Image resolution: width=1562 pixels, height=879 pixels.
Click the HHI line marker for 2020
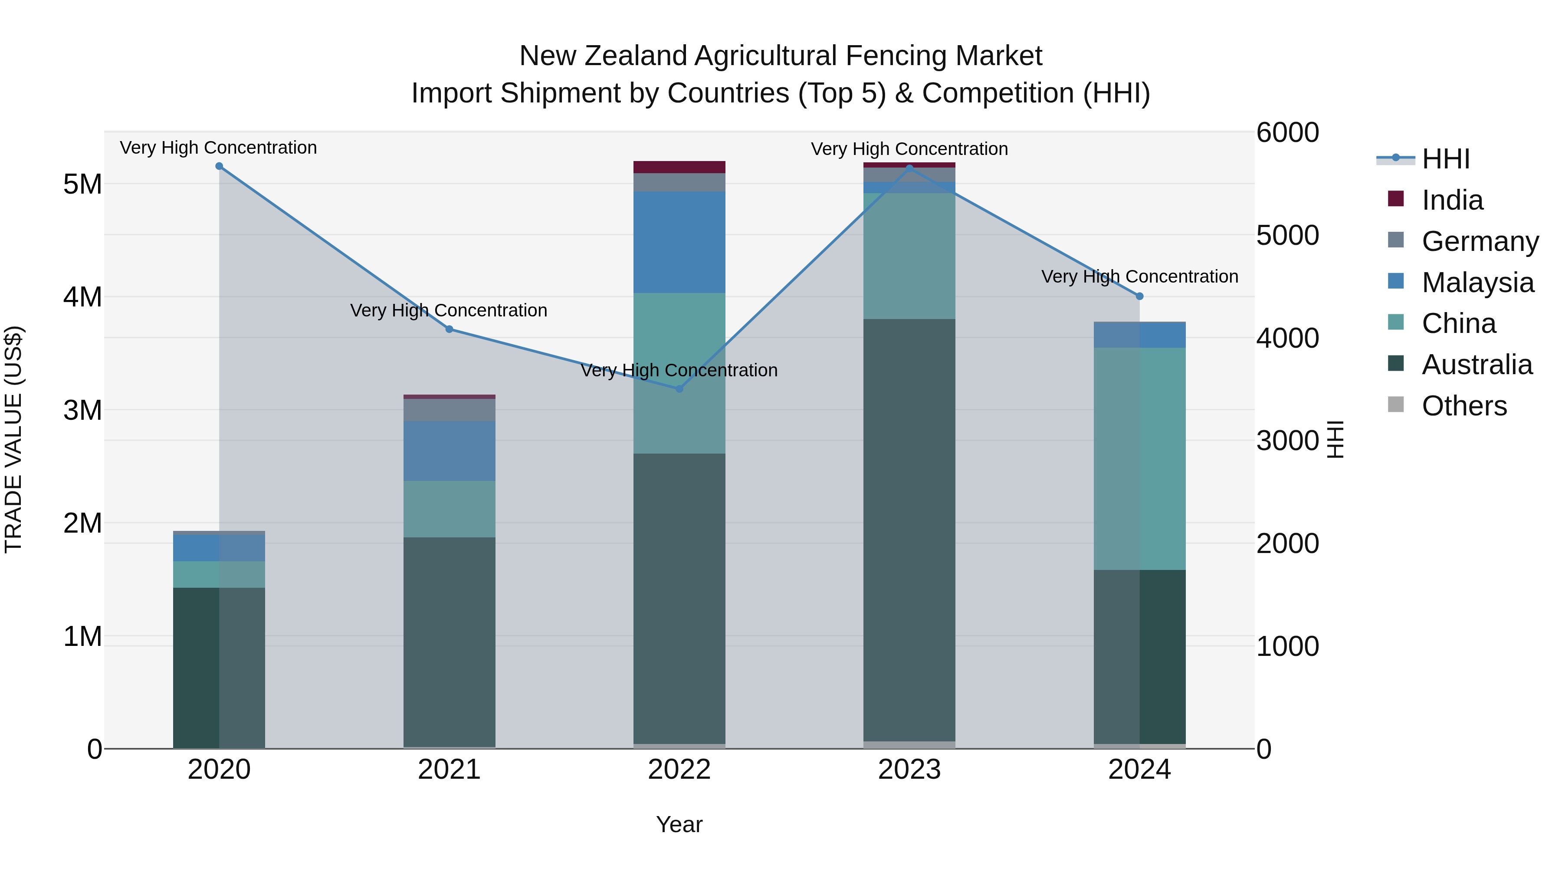pyautogui.click(x=219, y=166)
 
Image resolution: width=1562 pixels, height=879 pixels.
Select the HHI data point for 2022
pyautogui.click(x=679, y=389)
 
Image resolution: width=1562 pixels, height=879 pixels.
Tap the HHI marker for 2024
pyautogui.click(x=1139, y=296)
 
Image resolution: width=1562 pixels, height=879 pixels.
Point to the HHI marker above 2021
pyautogui.click(x=450, y=329)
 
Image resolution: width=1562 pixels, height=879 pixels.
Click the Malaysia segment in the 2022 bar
pyautogui.click(x=679, y=242)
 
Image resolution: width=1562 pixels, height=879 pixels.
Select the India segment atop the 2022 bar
pyautogui.click(x=679, y=167)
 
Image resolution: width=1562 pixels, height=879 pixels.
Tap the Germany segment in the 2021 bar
pyautogui.click(x=450, y=410)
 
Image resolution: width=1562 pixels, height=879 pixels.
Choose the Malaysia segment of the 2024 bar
pyautogui.click(x=1139, y=335)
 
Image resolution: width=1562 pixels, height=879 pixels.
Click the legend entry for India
pyautogui.click(x=1452, y=200)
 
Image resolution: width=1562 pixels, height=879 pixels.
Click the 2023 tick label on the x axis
pyautogui.click(x=909, y=770)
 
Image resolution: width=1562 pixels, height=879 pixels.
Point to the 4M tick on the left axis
pyautogui.click(x=82, y=297)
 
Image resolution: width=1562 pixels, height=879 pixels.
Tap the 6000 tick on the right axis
pyautogui.click(x=1287, y=132)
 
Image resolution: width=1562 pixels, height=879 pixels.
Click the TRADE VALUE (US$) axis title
pyautogui.click(x=13, y=439)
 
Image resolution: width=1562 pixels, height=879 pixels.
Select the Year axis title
pyautogui.click(x=679, y=824)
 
